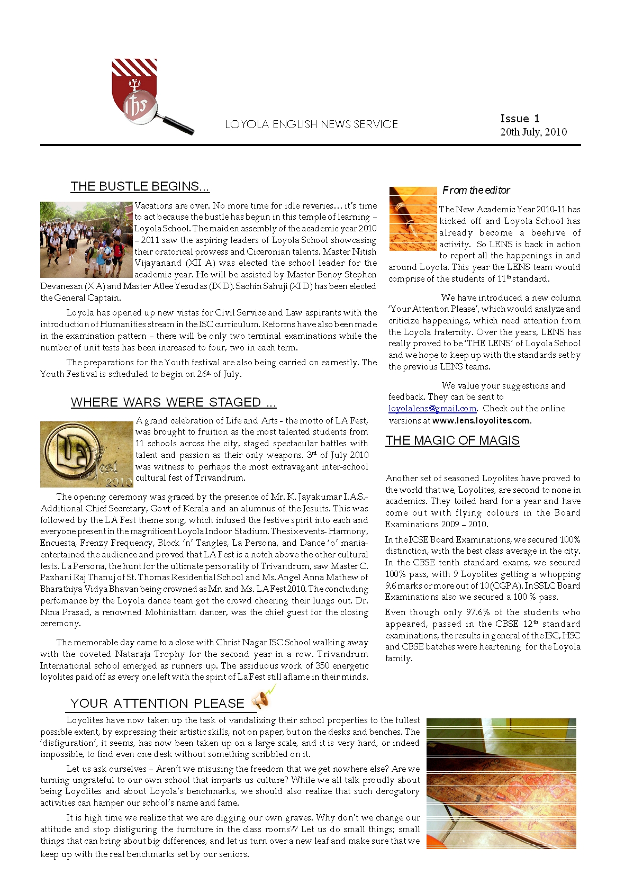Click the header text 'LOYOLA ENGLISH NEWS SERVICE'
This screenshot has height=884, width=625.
[311, 124]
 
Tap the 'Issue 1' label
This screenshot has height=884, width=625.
[520, 119]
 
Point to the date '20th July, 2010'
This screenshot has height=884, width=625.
[533, 132]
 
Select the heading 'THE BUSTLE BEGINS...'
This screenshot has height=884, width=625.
[140, 186]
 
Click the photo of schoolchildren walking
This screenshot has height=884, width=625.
[86, 239]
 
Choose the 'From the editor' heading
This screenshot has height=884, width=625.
[476, 190]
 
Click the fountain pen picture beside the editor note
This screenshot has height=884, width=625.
[413, 219]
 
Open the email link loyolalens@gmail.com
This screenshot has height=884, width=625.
[432, 409]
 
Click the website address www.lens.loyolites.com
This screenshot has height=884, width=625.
[481, 420]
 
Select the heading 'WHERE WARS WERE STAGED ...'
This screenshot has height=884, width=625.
[174, 402]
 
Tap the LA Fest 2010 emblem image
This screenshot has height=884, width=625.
[86, 454]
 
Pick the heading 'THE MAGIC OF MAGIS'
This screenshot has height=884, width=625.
[452, 440]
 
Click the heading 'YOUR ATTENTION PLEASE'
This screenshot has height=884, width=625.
[157, 703]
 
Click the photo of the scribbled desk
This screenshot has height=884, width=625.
[501, 783]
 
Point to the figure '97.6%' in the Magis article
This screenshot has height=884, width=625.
[477, 612]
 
